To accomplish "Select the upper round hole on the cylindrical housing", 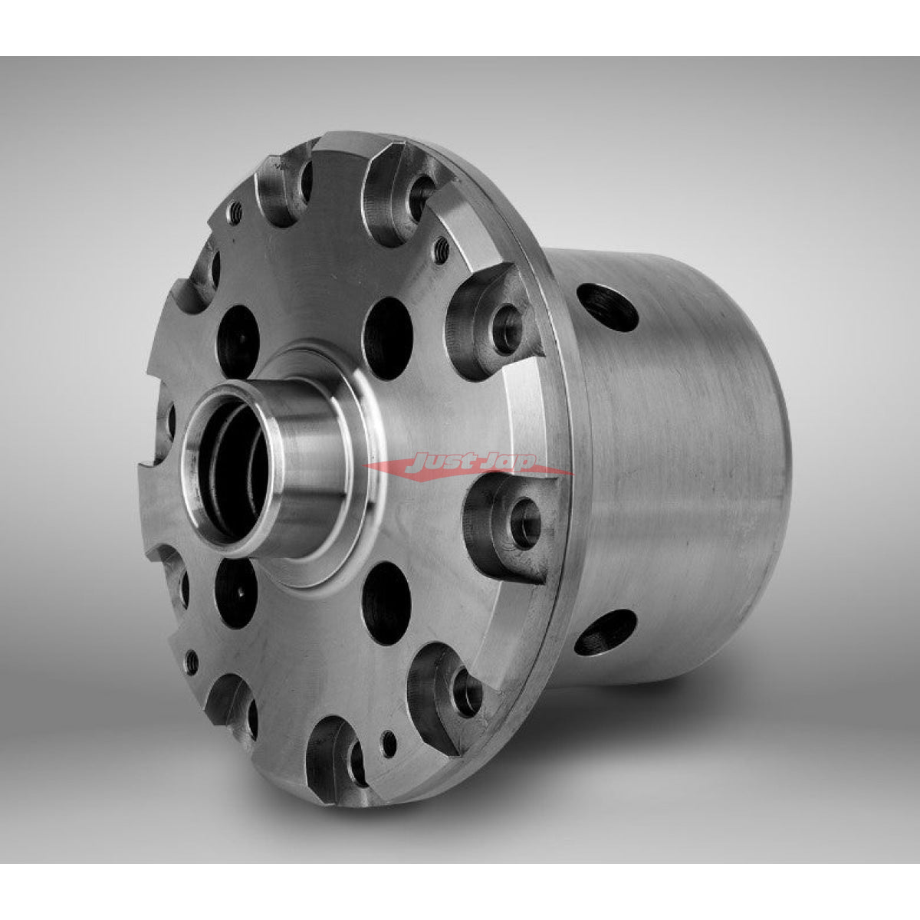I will click(607, 307).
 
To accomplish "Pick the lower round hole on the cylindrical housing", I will click(606, 632).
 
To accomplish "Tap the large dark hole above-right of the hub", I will click(388, 338).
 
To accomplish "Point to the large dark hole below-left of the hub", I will click(236, 593).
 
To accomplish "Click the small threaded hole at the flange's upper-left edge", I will click(235, 214).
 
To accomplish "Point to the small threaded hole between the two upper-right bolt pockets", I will click(442, 248).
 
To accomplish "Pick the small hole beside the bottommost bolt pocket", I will click(389, 741).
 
